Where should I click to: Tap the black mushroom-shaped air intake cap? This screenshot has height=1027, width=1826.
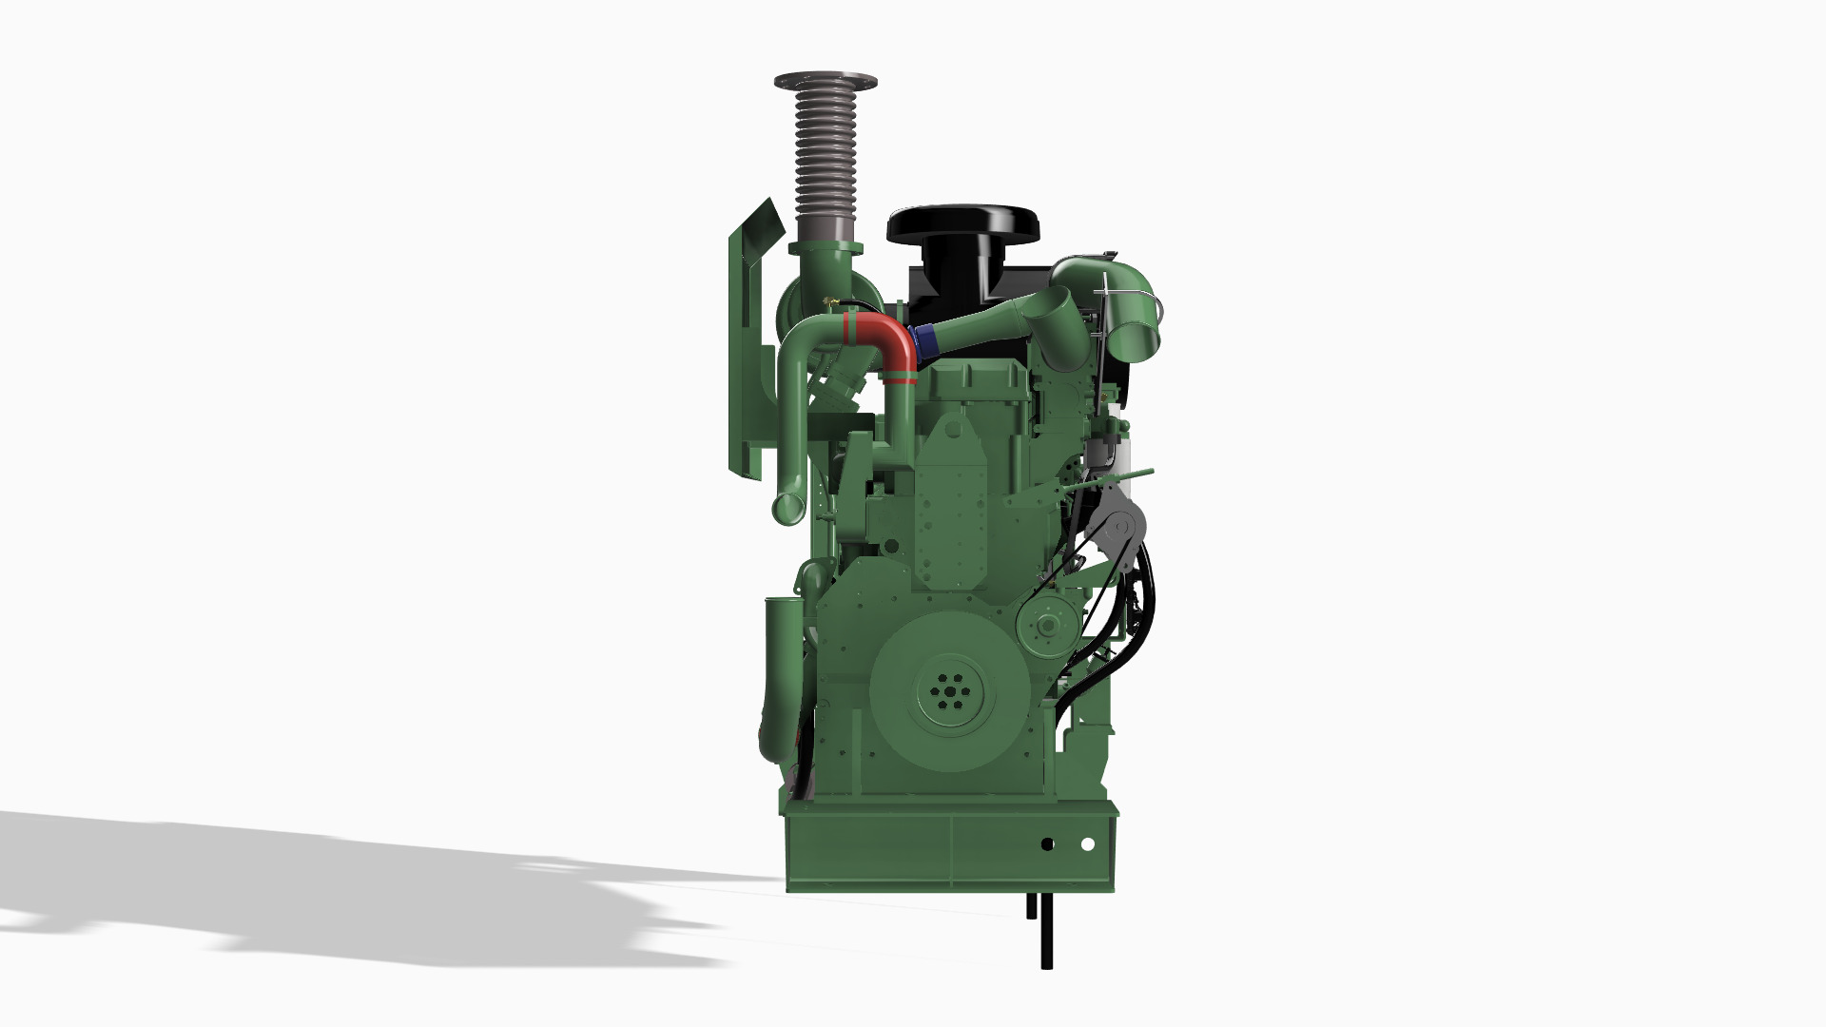pos(962,224)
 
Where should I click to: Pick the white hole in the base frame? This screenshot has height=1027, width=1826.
pos(1088,844)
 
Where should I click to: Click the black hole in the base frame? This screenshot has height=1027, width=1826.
pos(1047,844)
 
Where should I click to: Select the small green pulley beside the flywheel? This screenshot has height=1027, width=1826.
pos(1046,626)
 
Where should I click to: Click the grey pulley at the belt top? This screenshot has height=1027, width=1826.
pos(1120,525)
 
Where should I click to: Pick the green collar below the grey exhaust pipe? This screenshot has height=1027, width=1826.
pos(825,249)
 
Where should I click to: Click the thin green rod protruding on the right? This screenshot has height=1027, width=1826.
pos(1132,473)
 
